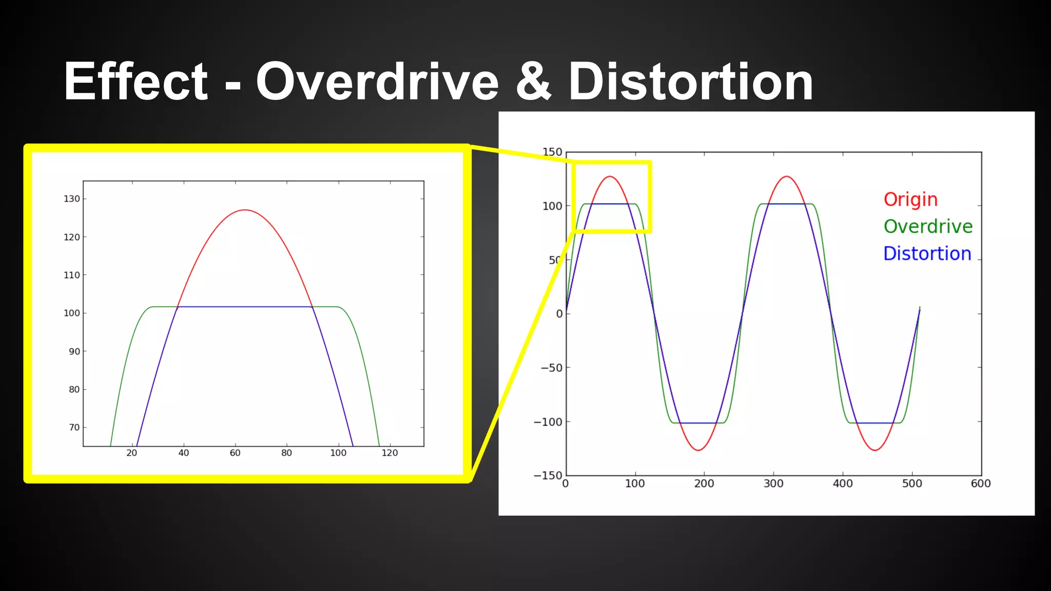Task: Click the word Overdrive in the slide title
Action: [x=377, y=82]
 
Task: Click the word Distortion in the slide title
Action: [x=690, y=82]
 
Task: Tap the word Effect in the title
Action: [x=135, y=82]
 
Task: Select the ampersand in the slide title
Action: [x=534, y=82]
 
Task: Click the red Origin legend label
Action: [x=910, y=199]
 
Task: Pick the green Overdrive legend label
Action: [x=928, y=226]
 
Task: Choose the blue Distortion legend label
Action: [x=927, y=253]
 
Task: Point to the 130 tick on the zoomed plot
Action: [x=72, y=199]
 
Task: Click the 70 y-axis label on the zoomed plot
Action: [x=74, y=427]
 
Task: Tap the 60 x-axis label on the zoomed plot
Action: [x=235, y=453]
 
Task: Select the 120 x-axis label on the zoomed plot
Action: [x=390, y=453]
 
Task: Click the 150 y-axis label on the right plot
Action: [x=552, y=152]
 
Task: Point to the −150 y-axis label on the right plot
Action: [x=548, y=476]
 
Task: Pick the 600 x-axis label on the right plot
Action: [x=981, y=483]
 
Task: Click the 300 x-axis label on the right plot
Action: [x=773, y=483]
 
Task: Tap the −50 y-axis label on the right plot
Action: [x=551, y=367]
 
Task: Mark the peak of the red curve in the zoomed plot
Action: [x=245, y=210]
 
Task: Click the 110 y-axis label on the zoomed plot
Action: [x=72, y=275]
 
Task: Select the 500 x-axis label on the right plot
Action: [x=912, y=483]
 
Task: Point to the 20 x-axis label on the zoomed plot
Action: [x=132, y=453]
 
